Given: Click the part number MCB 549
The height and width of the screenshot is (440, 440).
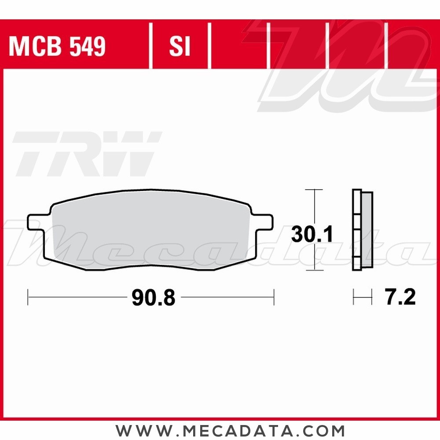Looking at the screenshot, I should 57,46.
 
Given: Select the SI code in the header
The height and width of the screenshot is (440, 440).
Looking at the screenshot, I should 180,46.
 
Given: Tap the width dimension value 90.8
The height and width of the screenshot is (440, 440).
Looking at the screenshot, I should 153,298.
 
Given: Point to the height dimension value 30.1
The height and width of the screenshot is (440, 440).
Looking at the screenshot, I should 312,235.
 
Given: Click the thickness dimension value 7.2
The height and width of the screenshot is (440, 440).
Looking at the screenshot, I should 400,298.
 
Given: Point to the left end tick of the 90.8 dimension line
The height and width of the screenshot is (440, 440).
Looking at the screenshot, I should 28,297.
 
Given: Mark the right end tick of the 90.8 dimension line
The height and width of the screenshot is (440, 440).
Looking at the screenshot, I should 274,297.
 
